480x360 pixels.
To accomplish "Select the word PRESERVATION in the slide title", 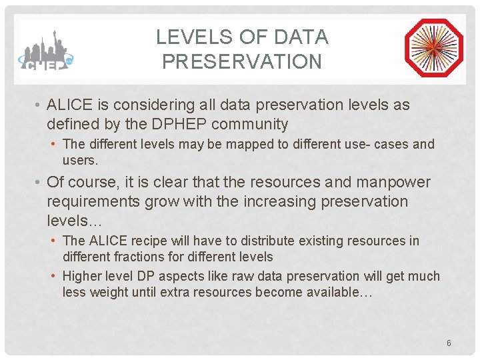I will (x=241, y=62).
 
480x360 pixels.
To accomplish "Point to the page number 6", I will (x=449, y=343).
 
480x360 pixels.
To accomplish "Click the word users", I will (x=80, y=160).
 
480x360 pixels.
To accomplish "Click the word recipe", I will (x=151, y=241).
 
